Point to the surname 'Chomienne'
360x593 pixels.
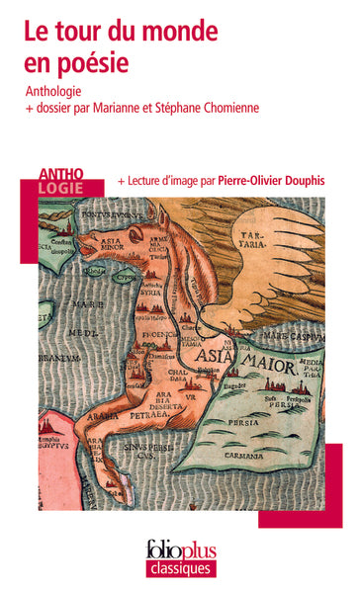(222, 108)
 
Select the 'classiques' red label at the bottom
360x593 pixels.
(180, 568)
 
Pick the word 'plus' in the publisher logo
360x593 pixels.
(198, 550)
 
